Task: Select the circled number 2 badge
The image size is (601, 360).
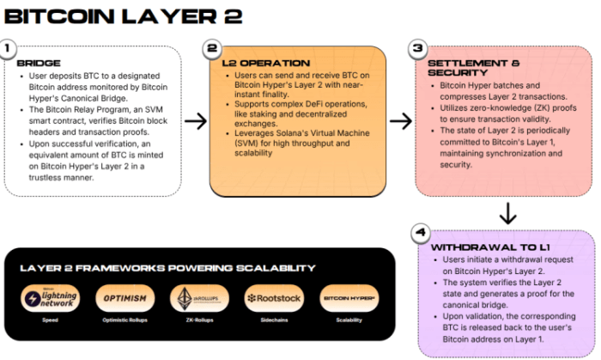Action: [x=213, y=49]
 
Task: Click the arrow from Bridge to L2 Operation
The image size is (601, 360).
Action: [x=196, y=121]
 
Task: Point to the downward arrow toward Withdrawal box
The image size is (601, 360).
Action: [x=507, y=213]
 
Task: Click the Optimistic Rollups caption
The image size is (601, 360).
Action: [x=124, y=320]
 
